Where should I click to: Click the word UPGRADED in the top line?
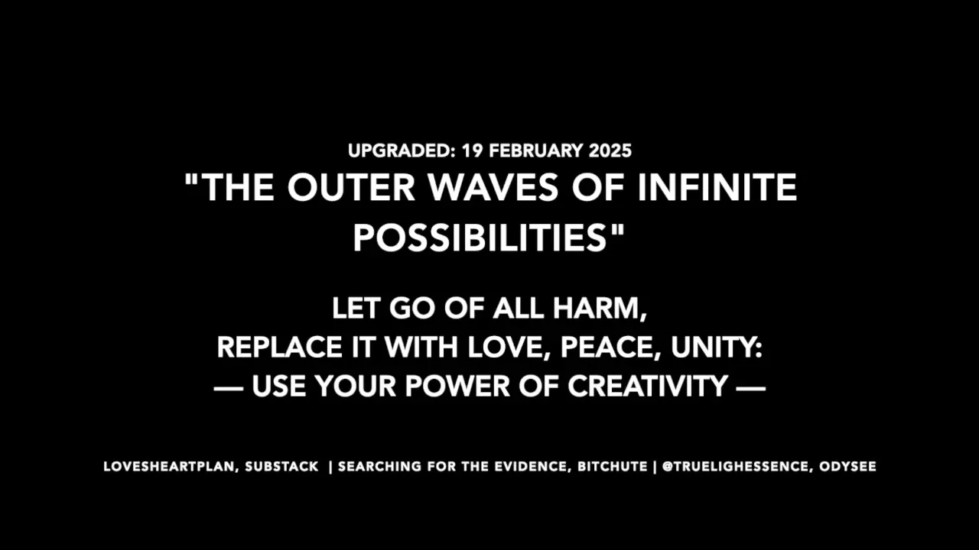pyautogui.click(x=398, y=150)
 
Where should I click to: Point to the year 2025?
pyautogui.click(x=610, y=150)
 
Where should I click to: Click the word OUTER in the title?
pyautogui.click(x=351, y=187)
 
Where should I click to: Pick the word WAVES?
pyautogui.click(x=493, y=187)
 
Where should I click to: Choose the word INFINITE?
pyautogui.click(x=717, y=187)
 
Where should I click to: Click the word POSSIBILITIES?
pyautogui.click(x=480, y=238)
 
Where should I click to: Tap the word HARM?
pyautogui.click(x=599, y=308)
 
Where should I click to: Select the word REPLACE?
pyautogui.click(x=279, y=347)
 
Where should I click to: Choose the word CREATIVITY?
pyautogui.click(x=648, y=387)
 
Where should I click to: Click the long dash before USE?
pyautogui.click(x=228, y=387)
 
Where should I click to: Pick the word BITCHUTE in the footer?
pyautogui.click(x=613, y=467)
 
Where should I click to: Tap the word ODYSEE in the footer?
pyautogui.click(x=848, y=467)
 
